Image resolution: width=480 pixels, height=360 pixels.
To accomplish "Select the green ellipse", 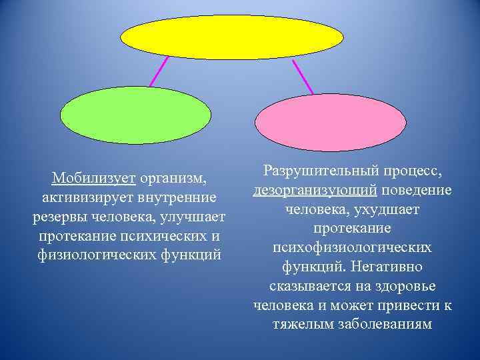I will click(x=135, y=116).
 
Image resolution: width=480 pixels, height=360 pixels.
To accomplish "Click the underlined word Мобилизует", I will click(x=94, y=179).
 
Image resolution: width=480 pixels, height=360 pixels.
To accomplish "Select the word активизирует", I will click(x=90, y=198).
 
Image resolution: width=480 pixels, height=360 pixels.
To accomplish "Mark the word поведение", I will click(x=417, y=190).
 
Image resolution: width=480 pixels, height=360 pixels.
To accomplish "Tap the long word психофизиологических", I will click(x=352, y=248).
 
